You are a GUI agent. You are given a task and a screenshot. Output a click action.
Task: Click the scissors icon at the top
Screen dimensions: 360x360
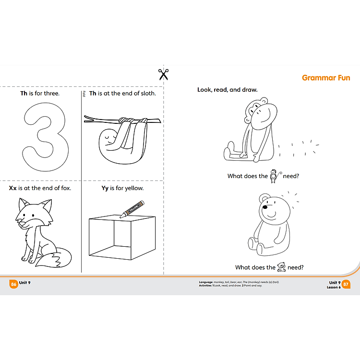click(164, 74)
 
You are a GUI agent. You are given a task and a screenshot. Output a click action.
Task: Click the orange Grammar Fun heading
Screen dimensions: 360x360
click(326, 78)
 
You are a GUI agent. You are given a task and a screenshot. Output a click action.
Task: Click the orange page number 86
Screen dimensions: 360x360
click(13, 285)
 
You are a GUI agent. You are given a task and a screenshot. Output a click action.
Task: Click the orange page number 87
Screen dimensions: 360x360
click(346, 285)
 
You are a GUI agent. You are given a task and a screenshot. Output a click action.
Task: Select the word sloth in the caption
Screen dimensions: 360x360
click(148, 93)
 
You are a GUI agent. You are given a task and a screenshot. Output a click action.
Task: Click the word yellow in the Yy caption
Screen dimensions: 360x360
click(133, 188)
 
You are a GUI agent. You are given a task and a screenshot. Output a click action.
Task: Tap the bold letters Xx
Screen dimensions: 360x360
click(13, 188)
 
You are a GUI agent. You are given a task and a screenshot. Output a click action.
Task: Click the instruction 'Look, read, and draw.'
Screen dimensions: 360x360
click(227, 90)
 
